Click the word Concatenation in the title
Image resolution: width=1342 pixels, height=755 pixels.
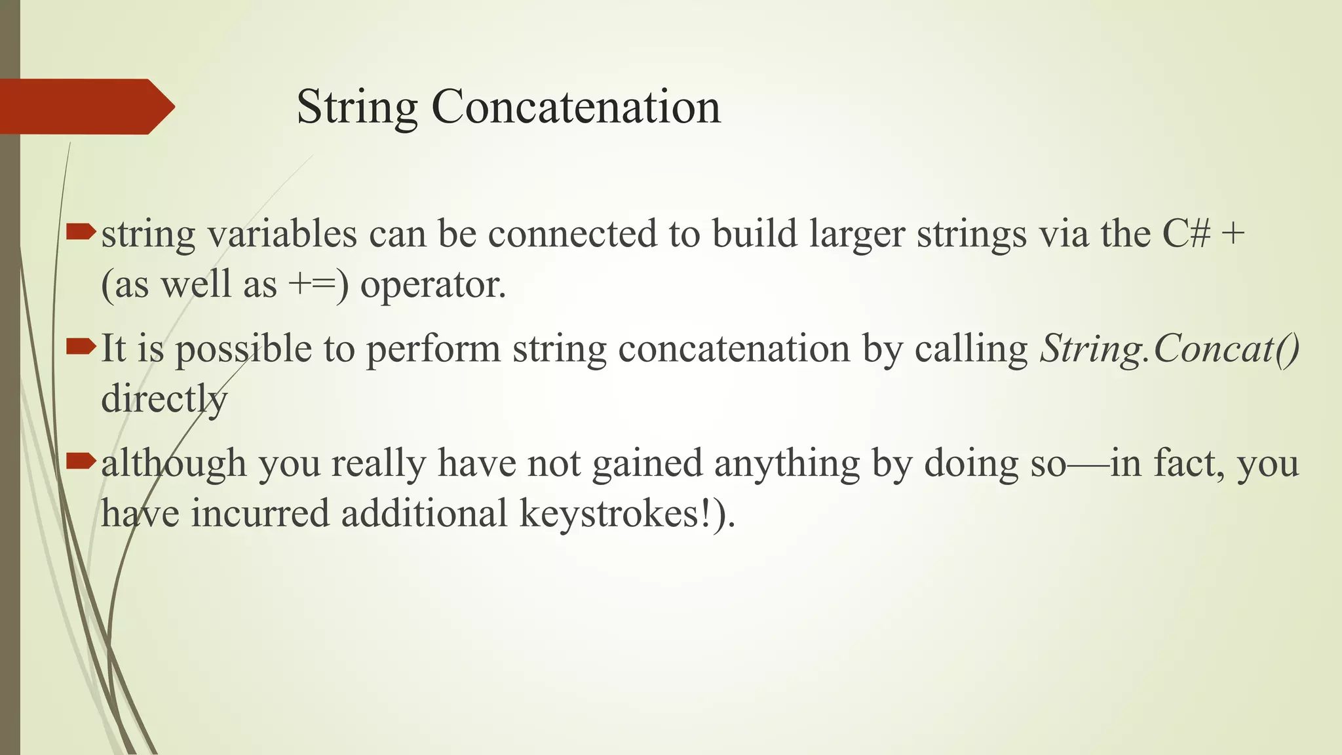click(576, 107)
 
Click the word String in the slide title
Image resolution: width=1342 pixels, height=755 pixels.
click(357, 107)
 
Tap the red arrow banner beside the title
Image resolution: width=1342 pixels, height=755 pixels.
click(85, 107)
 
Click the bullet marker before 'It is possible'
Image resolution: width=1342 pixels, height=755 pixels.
click(81, 345)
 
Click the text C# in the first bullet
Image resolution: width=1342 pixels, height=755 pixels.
click(1186, 233)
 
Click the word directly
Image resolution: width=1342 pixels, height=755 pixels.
click(164, 398)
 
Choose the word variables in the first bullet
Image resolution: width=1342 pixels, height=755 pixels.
click(282, 235)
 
